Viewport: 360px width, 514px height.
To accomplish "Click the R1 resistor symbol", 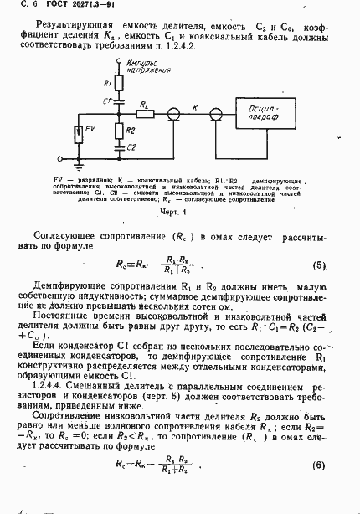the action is tap(118, 86).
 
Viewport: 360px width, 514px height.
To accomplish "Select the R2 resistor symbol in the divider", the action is tap(118, 131).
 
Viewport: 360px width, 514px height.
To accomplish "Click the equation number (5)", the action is tap(318, 265).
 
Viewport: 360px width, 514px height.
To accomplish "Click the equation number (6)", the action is tap(318, 488).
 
